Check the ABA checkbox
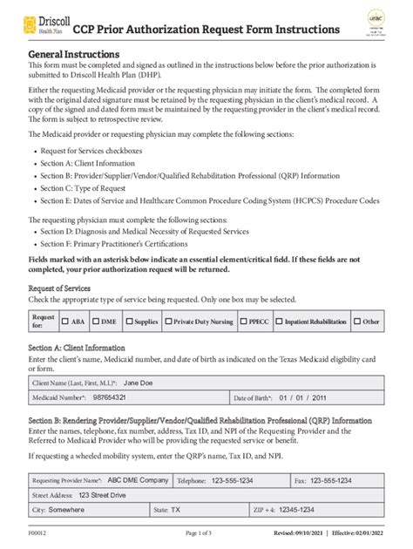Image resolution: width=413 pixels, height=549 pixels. [64, 322]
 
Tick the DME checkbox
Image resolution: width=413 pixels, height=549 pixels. [96, 322]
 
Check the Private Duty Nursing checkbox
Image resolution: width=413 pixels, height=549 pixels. [169, 322]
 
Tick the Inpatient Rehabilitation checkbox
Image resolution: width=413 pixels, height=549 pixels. [281, 322]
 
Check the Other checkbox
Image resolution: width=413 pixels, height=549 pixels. [358, 322]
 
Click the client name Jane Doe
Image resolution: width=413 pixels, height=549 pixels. [140, 382]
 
